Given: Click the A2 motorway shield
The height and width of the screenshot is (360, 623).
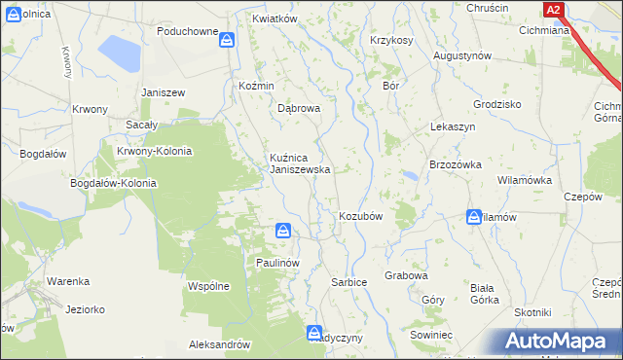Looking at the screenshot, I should click(x=553, y=9).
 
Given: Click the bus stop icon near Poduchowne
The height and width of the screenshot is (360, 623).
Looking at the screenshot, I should click(x=227, y=40).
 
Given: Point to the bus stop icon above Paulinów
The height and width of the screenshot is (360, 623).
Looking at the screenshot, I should click(x=282, y=231).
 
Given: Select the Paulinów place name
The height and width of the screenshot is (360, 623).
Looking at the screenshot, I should click(x=276, y=264).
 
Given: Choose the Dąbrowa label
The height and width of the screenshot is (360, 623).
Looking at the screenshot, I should click(x=299, y=109).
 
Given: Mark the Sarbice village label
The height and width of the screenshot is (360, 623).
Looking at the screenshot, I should click(x=348, y=282).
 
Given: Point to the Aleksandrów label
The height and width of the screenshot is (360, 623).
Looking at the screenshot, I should click(x=220, y=345).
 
